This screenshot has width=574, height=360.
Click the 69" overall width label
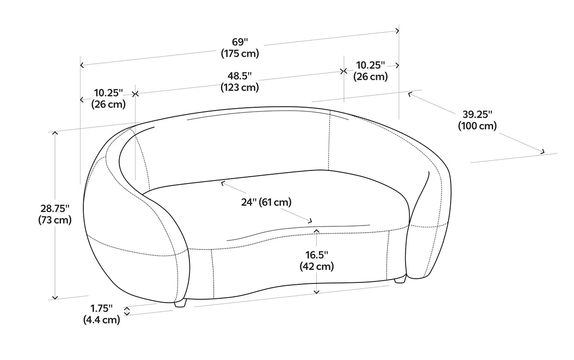(240, 42)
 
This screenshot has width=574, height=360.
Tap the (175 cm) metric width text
(240, 54)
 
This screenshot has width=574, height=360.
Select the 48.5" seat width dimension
(240, 76)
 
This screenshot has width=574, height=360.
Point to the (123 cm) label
(240, 88)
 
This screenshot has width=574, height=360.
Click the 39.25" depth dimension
(477, 114)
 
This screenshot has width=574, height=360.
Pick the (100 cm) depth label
(477, 126)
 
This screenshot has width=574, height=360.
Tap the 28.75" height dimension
(55, 208)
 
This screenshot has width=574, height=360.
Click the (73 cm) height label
(55, 220)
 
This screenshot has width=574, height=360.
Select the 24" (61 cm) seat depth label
(266, 202)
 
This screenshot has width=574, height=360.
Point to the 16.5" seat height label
(317, 255)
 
